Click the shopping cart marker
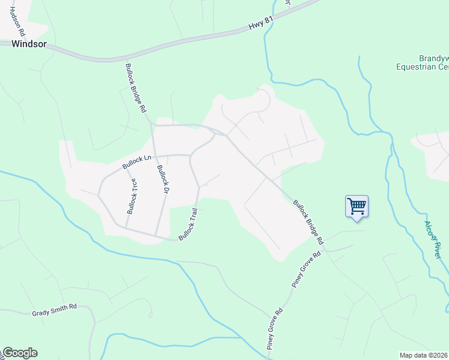click(357, 207)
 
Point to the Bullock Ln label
click(136, 161)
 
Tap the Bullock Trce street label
click(131, 196)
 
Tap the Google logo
click(19, 353)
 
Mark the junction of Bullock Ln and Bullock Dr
click(154, 156)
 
